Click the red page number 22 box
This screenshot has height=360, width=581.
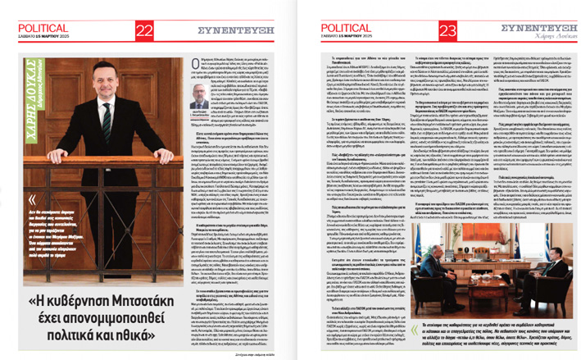144,30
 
